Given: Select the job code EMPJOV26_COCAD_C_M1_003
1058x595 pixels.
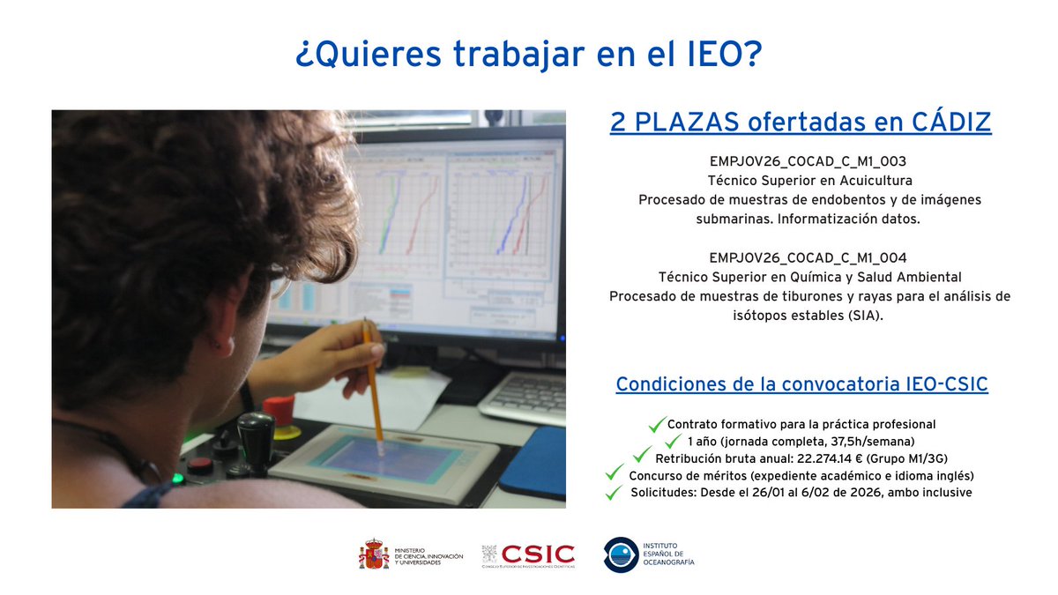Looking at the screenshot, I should coord(808,162).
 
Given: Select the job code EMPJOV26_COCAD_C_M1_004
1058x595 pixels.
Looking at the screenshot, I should coord(808,257).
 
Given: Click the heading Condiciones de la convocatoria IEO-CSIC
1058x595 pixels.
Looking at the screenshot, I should coord(801,385).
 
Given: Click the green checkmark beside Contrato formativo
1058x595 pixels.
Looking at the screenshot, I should coord(656,425).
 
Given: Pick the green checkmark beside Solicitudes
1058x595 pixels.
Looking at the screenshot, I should coord(614,493).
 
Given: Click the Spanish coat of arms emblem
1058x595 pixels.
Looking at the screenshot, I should coord(374,554).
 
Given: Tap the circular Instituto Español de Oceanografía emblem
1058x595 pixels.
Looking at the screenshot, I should coord(621,554).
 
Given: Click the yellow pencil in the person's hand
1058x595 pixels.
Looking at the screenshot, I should coord(372,379).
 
